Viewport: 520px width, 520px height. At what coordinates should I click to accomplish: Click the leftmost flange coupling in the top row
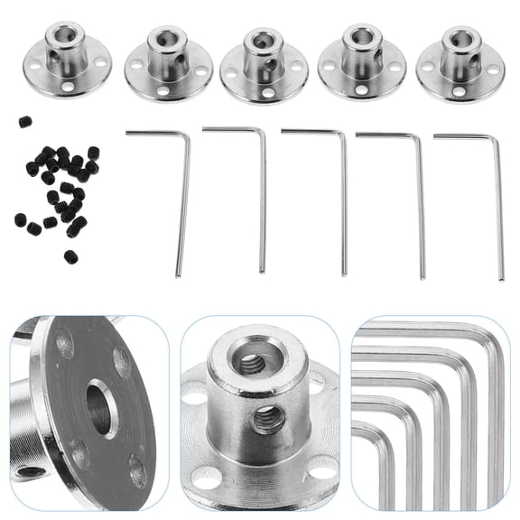(x=65, y=58)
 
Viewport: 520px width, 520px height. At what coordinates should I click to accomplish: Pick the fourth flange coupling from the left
(x=361, y=64)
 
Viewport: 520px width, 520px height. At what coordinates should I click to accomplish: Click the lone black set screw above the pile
(x=25, y=121)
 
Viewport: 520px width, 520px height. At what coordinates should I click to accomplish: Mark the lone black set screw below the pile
(x=70, y=256)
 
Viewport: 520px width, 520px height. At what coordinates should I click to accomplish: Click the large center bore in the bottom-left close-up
(x=99, y=412)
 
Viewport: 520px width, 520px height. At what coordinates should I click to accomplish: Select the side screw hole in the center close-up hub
(x=267, y=418)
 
